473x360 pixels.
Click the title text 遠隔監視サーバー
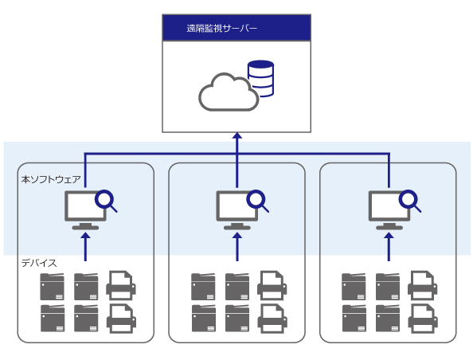221,29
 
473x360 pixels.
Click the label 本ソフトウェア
51,179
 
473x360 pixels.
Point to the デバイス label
39,263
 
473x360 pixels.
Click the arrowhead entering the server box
237,135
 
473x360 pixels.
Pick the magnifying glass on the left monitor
106,201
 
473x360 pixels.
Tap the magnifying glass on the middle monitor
258,201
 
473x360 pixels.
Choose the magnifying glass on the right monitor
410,201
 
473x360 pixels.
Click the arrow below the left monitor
86,247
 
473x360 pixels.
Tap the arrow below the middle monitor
237,247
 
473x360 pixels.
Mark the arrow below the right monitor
389,247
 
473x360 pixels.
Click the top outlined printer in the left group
121,285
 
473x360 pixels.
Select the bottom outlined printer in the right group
423,318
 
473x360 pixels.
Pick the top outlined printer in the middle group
272,285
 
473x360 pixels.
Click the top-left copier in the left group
53,287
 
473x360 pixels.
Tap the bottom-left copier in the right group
354,319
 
